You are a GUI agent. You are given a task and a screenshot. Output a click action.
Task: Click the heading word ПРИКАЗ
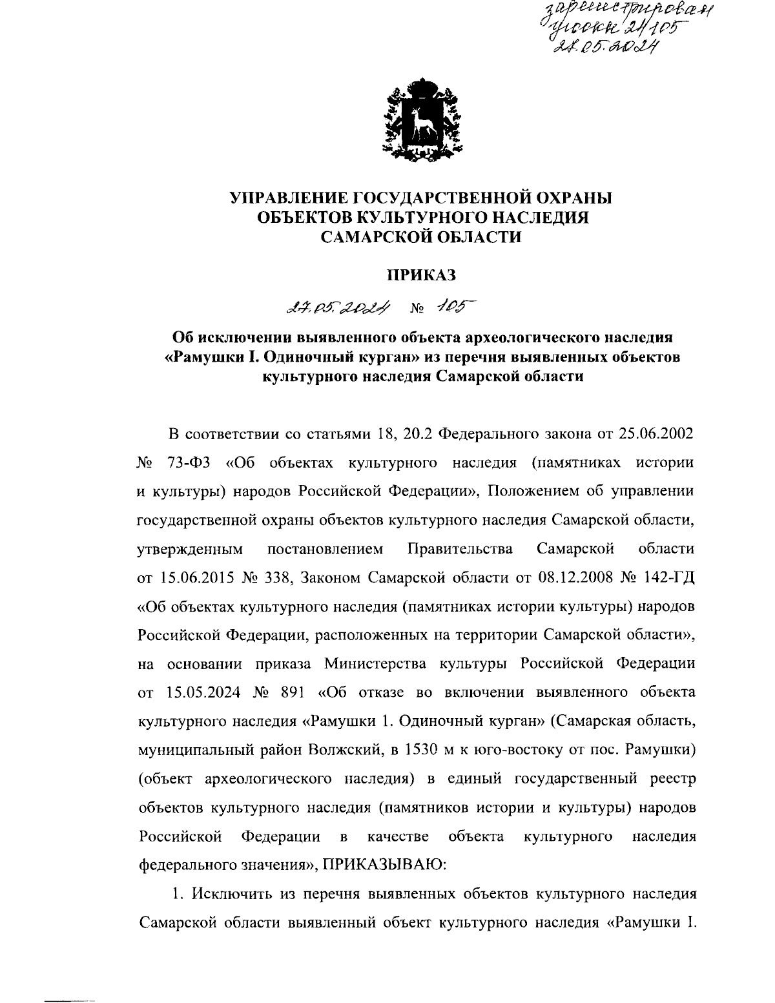[x=421, y=275]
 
